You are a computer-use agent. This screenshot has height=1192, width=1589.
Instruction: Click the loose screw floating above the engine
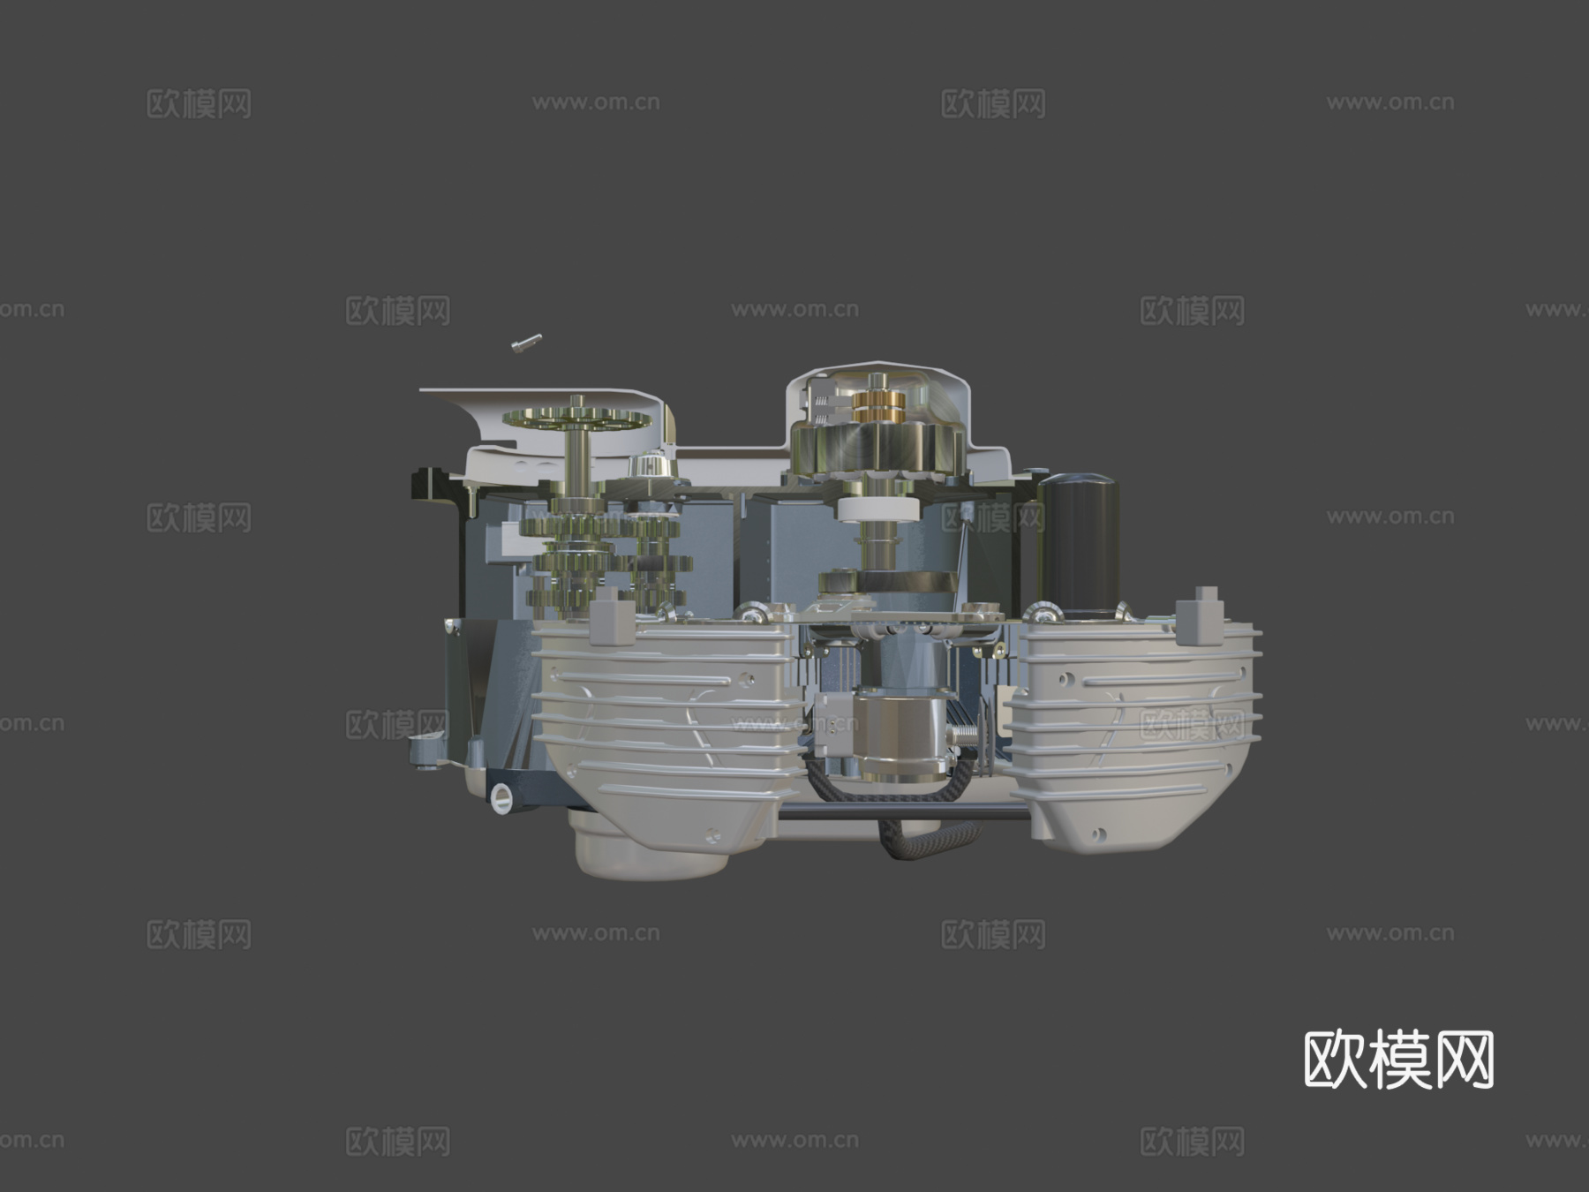[527, 343]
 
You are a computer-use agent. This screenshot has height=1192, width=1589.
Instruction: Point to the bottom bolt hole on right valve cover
[1099, 833]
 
